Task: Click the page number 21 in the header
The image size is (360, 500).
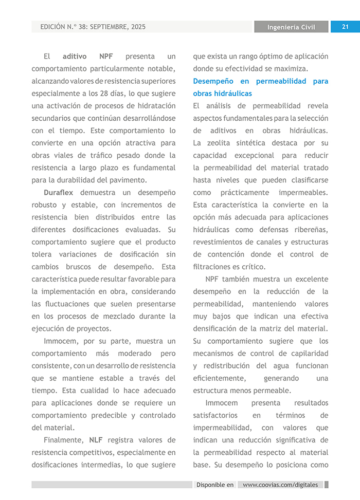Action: coord(345,27)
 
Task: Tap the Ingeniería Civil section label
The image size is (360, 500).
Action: coord(291,27)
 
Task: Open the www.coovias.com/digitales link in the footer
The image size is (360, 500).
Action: coord(280,485)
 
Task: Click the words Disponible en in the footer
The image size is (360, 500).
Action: coord(214,485)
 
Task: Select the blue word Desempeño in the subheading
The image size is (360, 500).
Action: coord(213,81)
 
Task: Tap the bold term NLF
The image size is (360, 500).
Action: coord(95,440)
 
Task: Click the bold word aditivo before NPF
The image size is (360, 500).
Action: coord(75,57)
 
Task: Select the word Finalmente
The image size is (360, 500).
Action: coord(64,440)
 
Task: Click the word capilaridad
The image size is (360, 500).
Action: coord(308,354)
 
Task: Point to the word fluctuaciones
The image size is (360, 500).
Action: coord(70,304)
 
